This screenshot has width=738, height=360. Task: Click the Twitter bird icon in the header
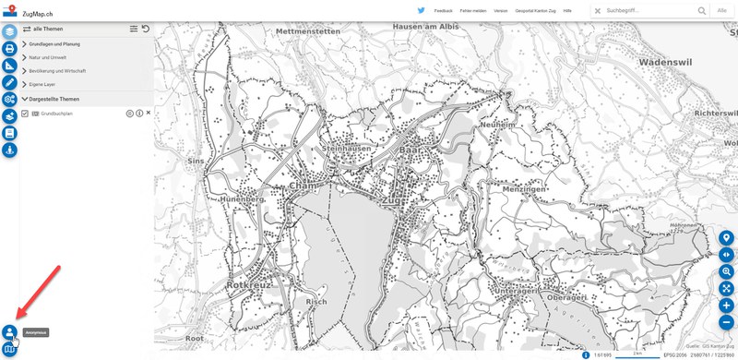tap(422, 9)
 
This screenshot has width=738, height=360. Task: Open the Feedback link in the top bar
tap(444, 10)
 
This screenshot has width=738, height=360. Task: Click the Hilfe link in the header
tap(567, 10)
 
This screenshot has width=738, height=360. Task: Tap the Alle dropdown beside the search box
tap(728, 10)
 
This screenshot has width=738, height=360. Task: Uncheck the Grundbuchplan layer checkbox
tap(26, 114)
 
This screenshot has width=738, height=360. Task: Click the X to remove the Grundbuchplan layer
tap(149, 113)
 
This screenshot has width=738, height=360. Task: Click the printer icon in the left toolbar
tap(9, 49)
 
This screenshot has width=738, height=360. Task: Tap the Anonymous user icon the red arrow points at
tap(9, 331)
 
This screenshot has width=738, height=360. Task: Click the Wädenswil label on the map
tap(667, 63)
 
